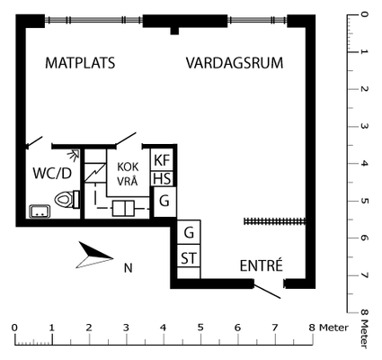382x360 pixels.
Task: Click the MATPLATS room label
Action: [x=80, y=63]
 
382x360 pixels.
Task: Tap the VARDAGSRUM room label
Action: [x=235, y=63]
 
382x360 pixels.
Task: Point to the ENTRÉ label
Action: [x=262, y=265]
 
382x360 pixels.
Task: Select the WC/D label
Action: [x=52, y=173]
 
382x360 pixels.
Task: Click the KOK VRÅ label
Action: [x=128, y=174]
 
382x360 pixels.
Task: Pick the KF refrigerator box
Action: [x=162, y=160]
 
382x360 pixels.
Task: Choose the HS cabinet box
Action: [x=162, y=179]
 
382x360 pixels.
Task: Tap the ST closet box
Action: [x=189, y=257]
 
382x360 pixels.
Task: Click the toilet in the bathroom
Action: [x=67, y=199]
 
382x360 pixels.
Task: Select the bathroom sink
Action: [x=40, y=211]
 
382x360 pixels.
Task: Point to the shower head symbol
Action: [x=73, y=154]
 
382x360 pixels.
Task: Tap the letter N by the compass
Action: [x=129, y=267]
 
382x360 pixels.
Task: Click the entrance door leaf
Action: [x=267, y=290]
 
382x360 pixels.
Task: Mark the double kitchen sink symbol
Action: [x=123, y=208]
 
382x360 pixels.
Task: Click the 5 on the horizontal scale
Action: [x=200, y=328]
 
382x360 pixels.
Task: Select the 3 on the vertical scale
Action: [x=364, y=126]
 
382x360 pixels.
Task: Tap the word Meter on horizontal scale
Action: [x=333, y=328]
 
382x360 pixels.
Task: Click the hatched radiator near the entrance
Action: [x=275, y=221]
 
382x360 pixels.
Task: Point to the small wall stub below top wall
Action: [x=174, y=31]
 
